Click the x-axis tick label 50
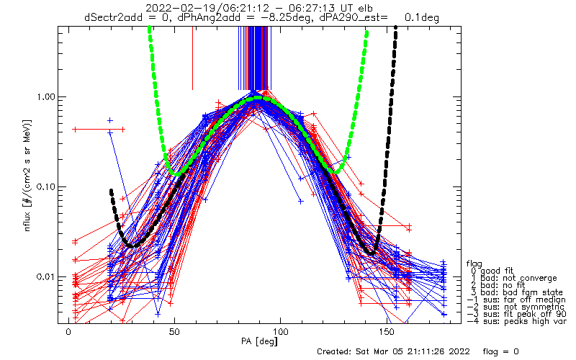174,332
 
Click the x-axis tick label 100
280,332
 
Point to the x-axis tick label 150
387,332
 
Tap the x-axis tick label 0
68,332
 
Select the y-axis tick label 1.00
45,97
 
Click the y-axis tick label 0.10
45,187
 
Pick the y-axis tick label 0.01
45,276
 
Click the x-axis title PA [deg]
259,341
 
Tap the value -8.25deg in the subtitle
289,17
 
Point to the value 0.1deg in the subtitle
422,17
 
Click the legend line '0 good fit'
492,271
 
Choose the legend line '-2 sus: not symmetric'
516,307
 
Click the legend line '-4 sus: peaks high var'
517,321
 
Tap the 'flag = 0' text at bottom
500,351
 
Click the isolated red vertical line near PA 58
192,58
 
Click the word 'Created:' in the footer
334,351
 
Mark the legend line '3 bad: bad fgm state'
517,292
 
